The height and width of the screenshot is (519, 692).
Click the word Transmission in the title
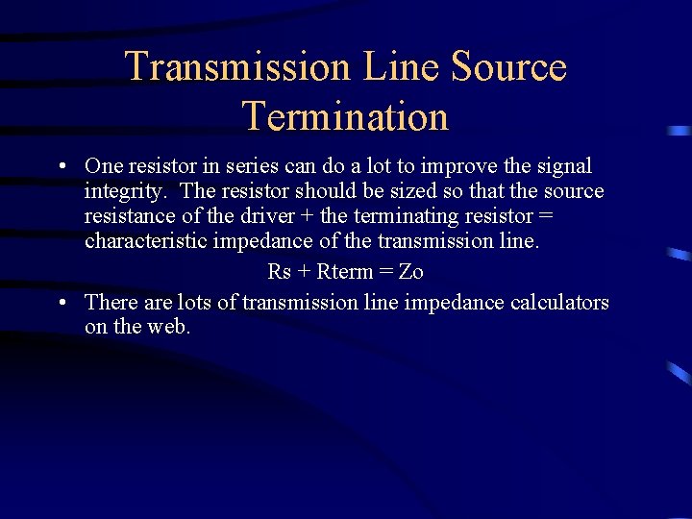(x=237, y=67)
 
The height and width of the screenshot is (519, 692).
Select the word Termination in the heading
(x=346, y=117)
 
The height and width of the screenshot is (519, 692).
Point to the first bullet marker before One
(x=61, y=166)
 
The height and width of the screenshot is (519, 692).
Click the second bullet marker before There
(x=61, y=303)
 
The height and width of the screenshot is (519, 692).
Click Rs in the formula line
(x=279, y=272)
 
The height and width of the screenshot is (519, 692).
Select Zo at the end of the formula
(x=410, y=272)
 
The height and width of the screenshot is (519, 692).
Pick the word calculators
(x=559, y=303)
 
